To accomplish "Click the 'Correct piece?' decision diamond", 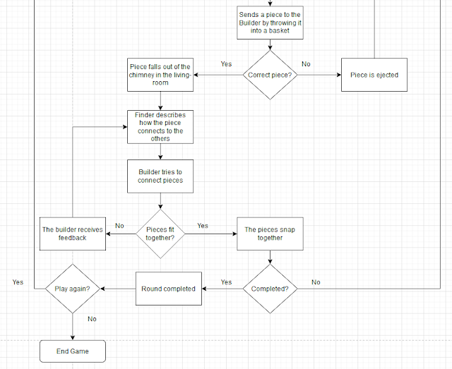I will point(270,74).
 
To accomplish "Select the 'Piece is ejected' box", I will point(374,74).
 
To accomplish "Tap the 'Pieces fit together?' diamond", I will point(160,233).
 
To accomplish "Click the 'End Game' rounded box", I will point(73,351).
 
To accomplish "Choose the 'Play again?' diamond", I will point(73,289).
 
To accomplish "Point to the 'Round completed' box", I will point(169,289).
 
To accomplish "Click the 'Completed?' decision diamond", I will point(270,289).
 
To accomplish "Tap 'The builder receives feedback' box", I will point(73,234).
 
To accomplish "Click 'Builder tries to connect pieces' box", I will point(160,176).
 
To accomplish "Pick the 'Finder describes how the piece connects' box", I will point(160,126).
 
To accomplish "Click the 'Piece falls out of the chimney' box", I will point(160,74).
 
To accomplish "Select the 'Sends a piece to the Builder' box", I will point(270,23).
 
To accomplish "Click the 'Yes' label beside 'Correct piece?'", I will point(226,64).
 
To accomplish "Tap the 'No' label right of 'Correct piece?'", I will point(306,64).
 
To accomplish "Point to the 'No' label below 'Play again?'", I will point(92,319).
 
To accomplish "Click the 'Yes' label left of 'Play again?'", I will point(18,282).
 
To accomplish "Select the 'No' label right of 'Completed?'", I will point(316,282).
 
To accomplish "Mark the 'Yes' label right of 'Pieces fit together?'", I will point(203,226).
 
